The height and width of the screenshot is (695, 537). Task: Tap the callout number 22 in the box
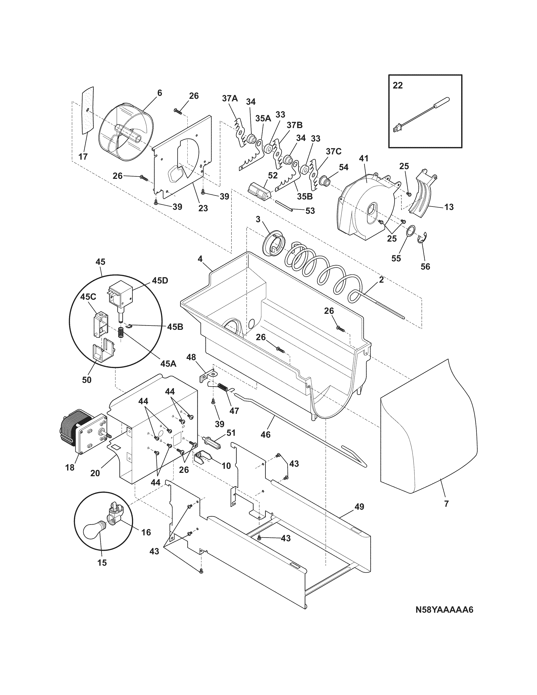(x=397, y=85)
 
